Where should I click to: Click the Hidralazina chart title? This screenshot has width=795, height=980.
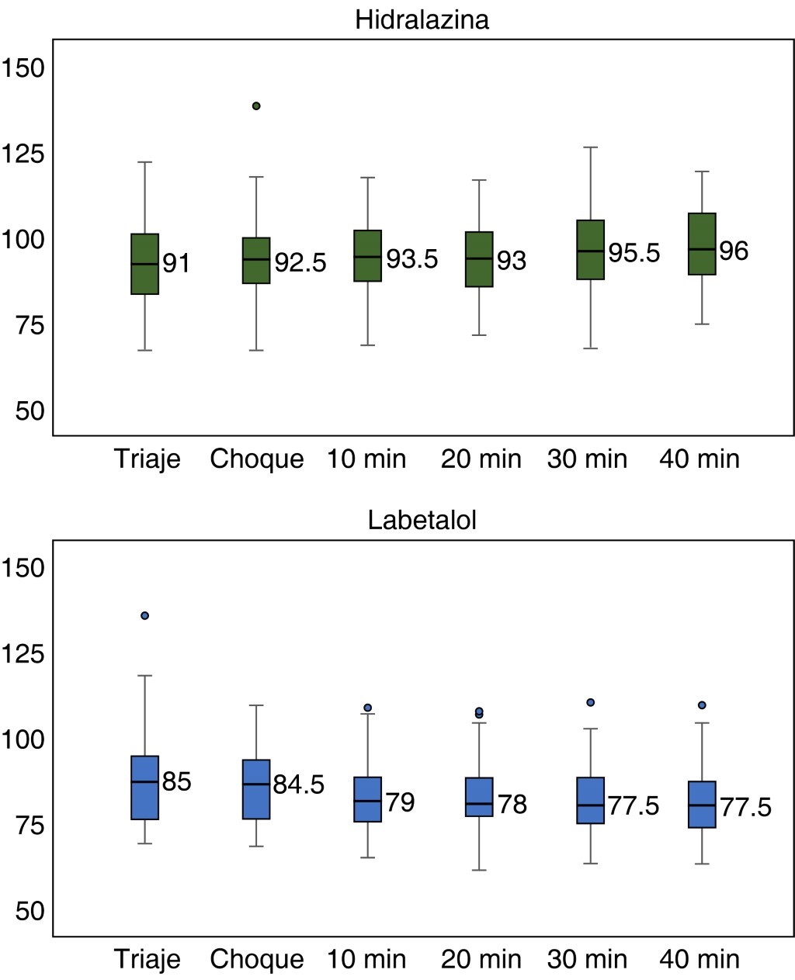[x=422, y=19]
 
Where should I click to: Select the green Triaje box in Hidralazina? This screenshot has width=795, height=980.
[x=145, y=264]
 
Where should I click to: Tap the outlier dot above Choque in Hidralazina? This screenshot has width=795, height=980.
[x=256, y=106]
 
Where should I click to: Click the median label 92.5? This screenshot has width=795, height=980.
[x=300, y=263]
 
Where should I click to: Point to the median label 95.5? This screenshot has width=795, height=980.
[x=634, y=253]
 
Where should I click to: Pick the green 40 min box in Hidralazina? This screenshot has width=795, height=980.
[x=702, y=244]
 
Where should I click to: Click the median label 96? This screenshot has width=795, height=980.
[x=734, y=251]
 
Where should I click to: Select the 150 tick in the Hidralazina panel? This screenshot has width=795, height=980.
[x=24, y=68]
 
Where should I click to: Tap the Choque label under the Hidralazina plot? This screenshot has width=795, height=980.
[x=256, y=459]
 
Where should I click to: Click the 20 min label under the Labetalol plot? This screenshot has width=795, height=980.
[x=481, y=960]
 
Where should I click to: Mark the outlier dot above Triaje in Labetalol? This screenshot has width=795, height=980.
[x=144, y=615]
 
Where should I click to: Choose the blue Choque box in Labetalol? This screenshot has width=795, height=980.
[x=256, y=789]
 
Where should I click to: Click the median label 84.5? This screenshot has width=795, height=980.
[x=298, y=784]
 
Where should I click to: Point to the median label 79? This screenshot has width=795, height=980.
[x=400, y=802]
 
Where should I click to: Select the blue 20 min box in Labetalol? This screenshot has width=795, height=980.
[x=479, y=797]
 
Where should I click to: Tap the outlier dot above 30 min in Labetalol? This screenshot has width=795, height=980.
[x=591, y=702]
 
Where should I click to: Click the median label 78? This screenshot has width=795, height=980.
[x=512, y=805]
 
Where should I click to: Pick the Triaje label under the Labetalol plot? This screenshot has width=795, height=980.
[x=148, y=960]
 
